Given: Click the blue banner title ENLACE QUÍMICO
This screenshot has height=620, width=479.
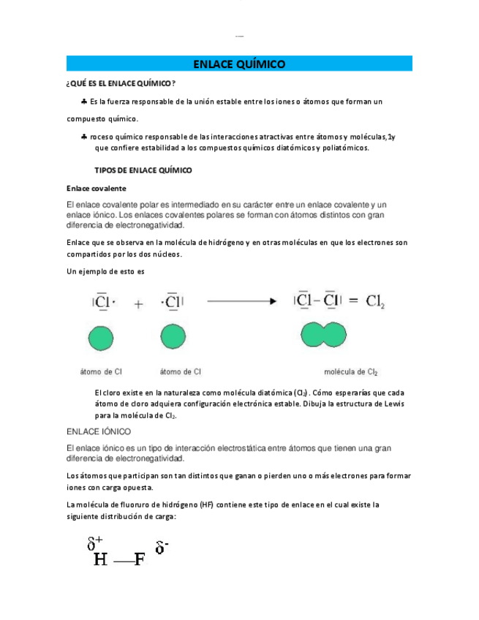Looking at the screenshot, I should (238, 64).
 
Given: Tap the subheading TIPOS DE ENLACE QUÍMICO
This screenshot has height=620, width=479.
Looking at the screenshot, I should (143, 170).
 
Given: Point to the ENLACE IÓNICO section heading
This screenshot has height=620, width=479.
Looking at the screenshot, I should (98, 431).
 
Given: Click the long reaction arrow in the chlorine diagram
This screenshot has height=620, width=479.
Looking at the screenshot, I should (241, 300).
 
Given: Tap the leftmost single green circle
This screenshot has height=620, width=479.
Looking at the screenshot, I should (101, 338).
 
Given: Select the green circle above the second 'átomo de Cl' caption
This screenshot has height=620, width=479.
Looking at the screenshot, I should (172, 338).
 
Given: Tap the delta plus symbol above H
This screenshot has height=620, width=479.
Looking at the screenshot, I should (95, 544).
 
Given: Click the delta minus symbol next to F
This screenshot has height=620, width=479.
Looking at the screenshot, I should (162, 548).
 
